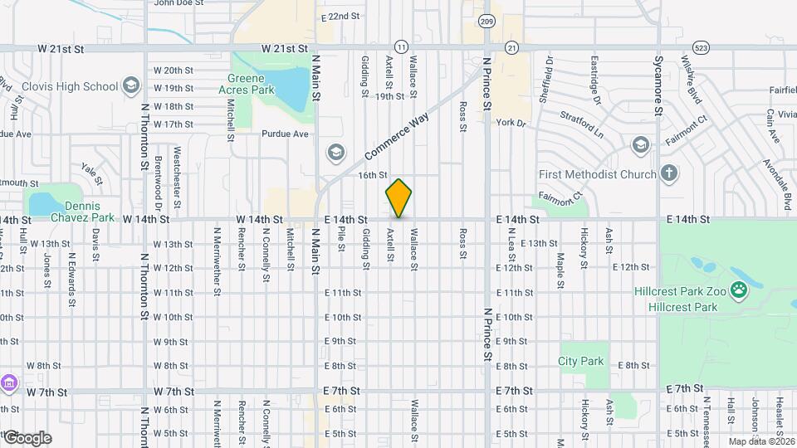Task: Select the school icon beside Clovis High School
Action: (130, 85)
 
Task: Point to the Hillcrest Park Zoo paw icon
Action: (738, 290)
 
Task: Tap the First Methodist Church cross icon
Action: (669, 173)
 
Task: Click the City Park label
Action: (580, 362)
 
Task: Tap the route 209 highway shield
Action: (487, 21)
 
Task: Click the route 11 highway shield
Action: (401, 46)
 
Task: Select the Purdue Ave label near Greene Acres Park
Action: (285, 134)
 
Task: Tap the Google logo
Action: (27, 437)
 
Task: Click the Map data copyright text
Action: (760, 441)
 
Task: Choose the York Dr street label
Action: (511, 123)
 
